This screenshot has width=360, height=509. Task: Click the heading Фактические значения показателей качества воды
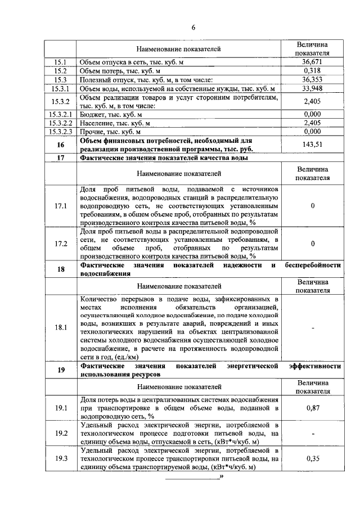164,158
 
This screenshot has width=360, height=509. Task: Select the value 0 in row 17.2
312,244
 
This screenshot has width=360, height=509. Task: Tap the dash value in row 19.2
312,434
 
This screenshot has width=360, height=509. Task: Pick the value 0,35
312,458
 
